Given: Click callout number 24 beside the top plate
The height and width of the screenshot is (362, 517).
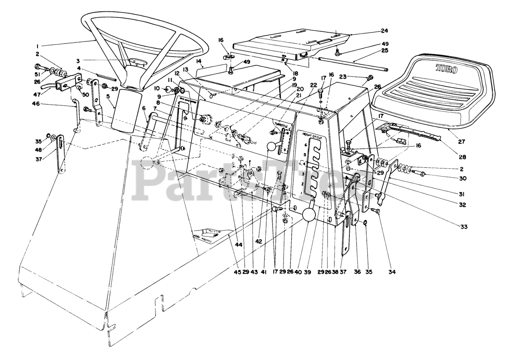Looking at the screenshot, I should point(384,31).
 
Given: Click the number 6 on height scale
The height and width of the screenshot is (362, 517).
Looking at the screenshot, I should point(306,145).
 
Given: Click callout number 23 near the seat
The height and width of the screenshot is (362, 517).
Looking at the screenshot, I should point(343,76).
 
